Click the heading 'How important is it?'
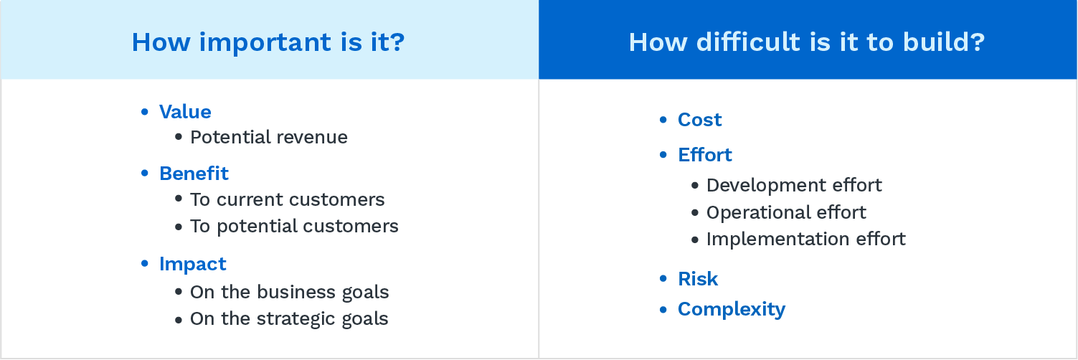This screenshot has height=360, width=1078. (268, 42)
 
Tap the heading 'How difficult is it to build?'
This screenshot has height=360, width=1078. (807, 42)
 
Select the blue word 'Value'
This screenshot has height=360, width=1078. (185, 112)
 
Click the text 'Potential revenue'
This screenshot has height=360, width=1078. (268, 137)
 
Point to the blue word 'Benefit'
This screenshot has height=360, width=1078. (194, 174)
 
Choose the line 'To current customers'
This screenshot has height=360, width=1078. (288, 199)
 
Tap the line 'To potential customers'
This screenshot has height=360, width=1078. (294, 226)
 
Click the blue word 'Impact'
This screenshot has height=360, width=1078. (192, 264)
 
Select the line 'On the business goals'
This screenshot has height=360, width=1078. (289, 292)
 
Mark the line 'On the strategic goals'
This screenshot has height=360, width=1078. (289, 318)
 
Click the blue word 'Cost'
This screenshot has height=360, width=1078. (700, 119)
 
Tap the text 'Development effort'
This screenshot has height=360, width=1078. (794, 185)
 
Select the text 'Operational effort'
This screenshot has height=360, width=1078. (786, 212)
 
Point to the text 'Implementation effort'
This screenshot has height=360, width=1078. (806, 240)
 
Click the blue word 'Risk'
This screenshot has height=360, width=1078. (698, 279)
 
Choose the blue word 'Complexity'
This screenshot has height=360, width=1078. (732, 310)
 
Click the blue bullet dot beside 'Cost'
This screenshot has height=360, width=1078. (663, 119)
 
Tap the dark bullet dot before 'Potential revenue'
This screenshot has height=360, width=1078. (179, 137)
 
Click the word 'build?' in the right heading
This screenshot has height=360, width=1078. (944, 42)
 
